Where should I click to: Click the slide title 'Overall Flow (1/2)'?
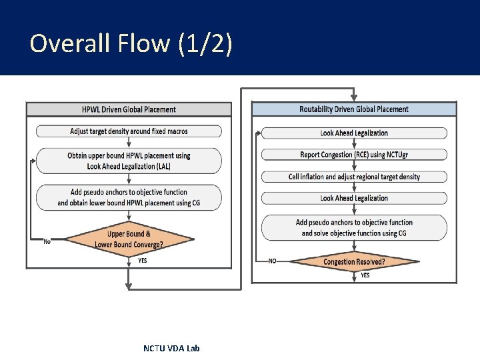131,44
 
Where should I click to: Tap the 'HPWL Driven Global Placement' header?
129,109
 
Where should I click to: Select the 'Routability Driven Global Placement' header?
354,109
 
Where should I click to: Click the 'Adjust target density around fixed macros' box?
129,131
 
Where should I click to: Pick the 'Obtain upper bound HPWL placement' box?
129,161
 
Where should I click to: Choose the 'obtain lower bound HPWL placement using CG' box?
129,197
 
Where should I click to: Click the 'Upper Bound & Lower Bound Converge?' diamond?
129,239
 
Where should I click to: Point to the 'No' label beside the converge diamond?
47,241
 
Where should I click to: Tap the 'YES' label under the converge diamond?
143,261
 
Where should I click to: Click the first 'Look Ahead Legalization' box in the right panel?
354,133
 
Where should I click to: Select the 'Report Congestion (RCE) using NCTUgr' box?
354,155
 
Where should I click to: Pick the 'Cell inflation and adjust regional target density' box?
354,177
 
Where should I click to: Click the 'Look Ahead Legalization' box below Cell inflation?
354,198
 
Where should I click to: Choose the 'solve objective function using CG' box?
354,227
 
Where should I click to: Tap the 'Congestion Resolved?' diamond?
354,261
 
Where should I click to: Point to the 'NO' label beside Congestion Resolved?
272,261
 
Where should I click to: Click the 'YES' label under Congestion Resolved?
365,275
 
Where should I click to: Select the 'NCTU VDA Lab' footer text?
171,348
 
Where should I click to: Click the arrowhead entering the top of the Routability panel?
354,97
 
